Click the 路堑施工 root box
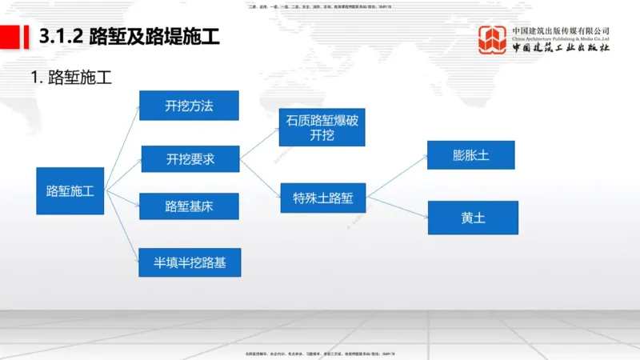pos(70,190)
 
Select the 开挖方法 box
pos(189,106)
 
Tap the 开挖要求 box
pos(190,159)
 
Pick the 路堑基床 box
pos(189,206)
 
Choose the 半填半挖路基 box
pos(190,261)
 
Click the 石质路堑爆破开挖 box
pos(321,128)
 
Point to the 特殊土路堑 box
pos(322,198)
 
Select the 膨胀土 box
pos(471,155)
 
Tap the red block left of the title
pos(11,36)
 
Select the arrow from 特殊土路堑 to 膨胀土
pos(397,175)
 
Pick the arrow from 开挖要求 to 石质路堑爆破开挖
pos(259,144)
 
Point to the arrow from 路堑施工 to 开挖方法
pos(122,147)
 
